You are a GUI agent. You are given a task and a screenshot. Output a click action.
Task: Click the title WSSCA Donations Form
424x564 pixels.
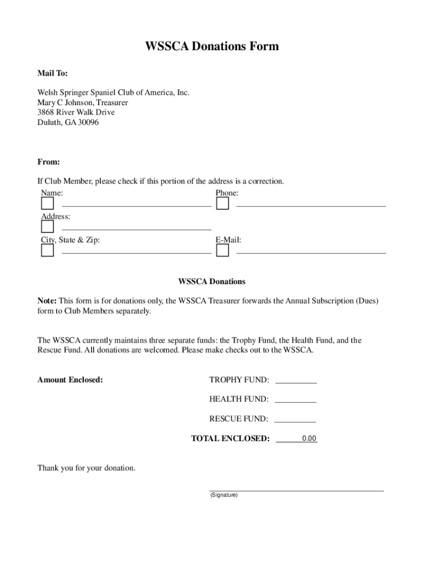coord(212,46)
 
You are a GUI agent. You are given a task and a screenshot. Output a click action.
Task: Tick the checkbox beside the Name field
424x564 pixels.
coord(47,204)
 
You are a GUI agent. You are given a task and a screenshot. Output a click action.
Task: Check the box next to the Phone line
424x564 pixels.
coord(222,204)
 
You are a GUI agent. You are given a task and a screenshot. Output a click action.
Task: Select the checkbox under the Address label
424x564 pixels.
coord(47,227)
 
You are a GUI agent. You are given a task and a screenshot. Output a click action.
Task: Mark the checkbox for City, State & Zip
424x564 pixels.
coord(47,251)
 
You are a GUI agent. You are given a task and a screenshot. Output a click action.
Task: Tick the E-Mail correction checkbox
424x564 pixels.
coord(222,251)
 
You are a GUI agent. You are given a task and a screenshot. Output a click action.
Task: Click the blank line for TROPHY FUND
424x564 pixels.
coord(296,380)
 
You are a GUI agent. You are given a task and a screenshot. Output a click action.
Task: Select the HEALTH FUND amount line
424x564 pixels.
coord(295,399)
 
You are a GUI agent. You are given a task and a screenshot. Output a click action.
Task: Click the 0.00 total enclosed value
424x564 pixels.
coord(309,439)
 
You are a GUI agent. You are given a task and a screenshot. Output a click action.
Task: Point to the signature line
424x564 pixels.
coord(296,489)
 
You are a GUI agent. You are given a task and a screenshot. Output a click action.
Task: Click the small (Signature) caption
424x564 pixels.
coord(224,495)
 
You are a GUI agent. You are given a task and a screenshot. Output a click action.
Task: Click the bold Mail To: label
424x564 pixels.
coord(52,73)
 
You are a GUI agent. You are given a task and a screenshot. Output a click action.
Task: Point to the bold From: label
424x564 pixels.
coord(48,162)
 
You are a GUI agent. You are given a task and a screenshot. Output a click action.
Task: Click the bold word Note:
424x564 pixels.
coord(47,301)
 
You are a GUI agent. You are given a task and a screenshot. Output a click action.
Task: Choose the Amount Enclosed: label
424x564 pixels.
coord(70,380)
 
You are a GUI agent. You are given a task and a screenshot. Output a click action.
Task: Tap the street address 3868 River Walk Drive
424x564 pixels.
coord(76,112)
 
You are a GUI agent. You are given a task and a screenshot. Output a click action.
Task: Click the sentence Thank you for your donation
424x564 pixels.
coord(86,468)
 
